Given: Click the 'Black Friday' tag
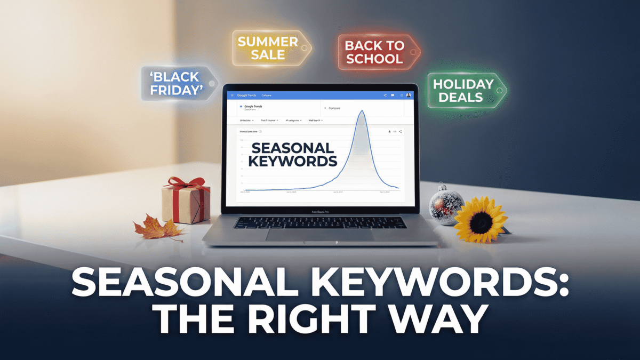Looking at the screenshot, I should pos(174,83).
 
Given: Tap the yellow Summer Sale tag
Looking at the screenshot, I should pos(268,48).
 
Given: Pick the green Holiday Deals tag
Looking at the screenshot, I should pos(463,91).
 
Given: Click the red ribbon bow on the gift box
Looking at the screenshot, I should pos(186,183).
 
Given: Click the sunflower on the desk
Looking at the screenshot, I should pos(480,219).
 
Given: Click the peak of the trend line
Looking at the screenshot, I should pos(362,111).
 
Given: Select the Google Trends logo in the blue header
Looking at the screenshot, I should pos(246,95).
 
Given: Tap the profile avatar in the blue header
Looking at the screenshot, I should pos(409,95).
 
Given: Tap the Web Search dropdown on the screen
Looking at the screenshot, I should pos(314,121).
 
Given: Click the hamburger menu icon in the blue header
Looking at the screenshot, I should pos(232,95).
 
